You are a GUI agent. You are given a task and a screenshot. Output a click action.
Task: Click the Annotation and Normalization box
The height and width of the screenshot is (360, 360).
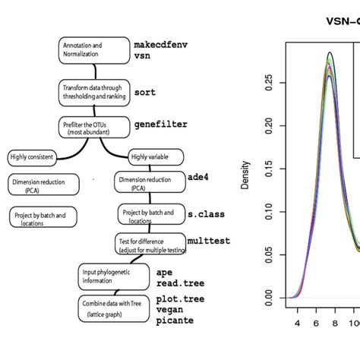[93, 50]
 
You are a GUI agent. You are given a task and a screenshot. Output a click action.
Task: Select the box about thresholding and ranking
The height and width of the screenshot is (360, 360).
[92, 92]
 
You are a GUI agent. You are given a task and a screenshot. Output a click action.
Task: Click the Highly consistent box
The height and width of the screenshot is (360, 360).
[33, 157]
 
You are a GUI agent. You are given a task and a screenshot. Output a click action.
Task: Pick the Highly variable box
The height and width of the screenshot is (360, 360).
[156, 157]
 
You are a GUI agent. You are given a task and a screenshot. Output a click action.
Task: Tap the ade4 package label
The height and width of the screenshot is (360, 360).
[200, 176]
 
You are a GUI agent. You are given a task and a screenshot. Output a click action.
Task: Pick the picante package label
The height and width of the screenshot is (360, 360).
[175, 320]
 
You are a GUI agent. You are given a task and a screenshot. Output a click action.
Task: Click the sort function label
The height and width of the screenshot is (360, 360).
[145, 92]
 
